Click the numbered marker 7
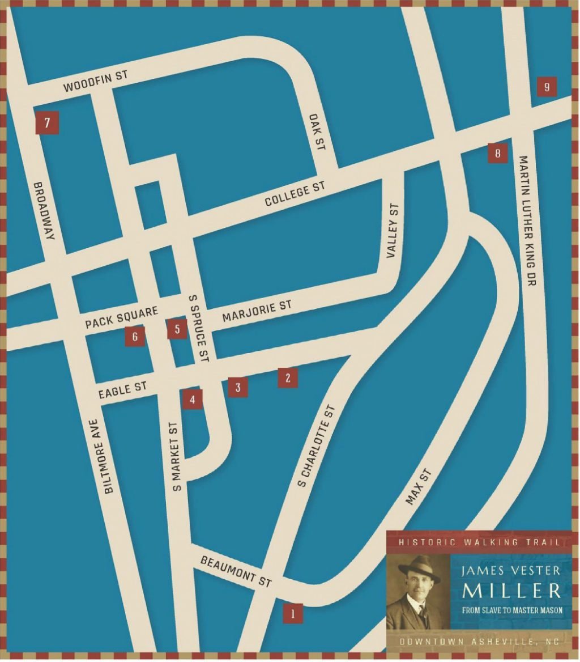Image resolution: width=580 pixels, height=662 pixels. click(x=48, y=122)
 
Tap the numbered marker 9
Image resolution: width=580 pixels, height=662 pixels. click(x=547, y=87)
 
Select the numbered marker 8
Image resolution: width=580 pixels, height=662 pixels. click(x=498, y=153)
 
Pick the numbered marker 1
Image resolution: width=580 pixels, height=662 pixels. click(x=293, y=613)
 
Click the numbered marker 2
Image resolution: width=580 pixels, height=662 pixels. click(x=288, y=378)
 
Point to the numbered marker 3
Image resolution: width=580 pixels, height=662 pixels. click(x=238, y=388)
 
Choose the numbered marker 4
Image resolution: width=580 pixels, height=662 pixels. click(x=193, y=399)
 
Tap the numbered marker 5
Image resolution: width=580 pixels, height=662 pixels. click(x=177, y=329)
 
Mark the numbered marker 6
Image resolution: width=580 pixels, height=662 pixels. click(x=135, y=337)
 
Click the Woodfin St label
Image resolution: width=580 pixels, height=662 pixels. click(x=96, y=82)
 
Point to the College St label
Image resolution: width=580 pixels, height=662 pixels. click(x=295, y=194)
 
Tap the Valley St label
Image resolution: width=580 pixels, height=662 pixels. click(x=393, y=231)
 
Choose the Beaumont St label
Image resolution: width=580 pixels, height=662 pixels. click(x=236, y=571)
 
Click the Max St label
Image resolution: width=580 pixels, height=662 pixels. click(x=419, y=487)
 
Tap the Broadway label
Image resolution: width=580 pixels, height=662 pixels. click(x=44, y=210)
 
